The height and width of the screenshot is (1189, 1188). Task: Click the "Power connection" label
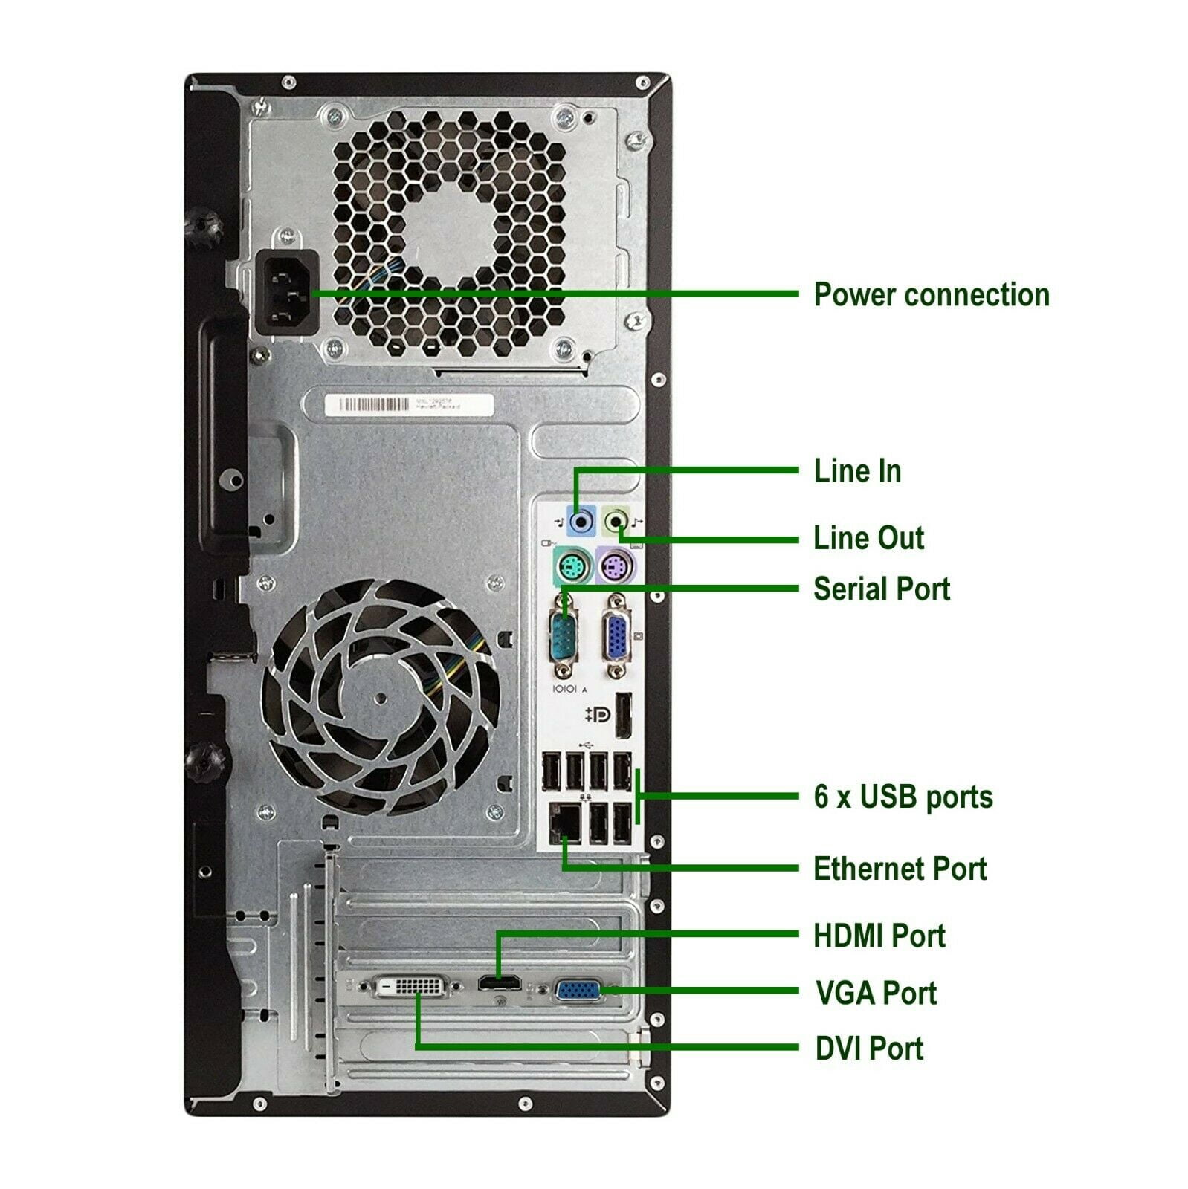(x=931, y=295)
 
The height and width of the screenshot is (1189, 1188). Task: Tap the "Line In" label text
(x=857, y=471)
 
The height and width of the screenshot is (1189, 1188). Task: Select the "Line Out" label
(x=868, y=538)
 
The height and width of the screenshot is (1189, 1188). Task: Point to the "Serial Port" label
(x=882, y=589)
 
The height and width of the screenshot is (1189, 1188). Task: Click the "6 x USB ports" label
(x=903, y=797)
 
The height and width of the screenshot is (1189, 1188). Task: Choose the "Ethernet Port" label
(x=900, y=869)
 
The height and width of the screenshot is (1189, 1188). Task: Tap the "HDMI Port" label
(x=879, y=936)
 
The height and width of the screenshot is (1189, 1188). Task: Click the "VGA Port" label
(x=876, y=993)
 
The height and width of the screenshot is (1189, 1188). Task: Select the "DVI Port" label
(x=869, y=1049)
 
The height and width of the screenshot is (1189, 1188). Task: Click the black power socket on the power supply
(x=288, y=294)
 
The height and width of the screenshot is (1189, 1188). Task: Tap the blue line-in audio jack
(x=581, y=521)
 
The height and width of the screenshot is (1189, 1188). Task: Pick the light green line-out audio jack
(x=616, y=521)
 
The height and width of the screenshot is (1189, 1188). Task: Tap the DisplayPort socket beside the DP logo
(x=623, y=716)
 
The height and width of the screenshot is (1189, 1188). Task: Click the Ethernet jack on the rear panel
(x=565, y=824)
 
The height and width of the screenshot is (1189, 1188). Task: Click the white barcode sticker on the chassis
(x=409, y=405)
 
